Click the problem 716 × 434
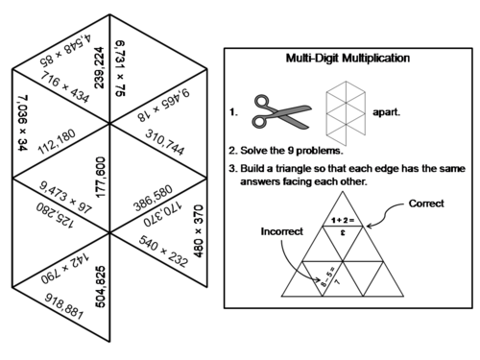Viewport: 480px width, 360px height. click(x=65, y=87)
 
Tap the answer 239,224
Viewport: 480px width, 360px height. click(x=99, y=66)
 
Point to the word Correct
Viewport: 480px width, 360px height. click(x=427, y=204)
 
